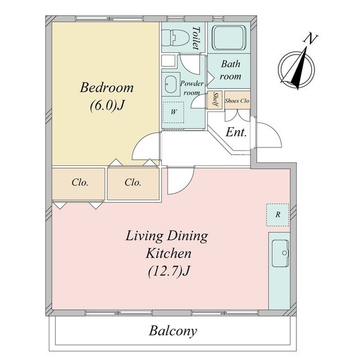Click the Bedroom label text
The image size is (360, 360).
pos(106,88)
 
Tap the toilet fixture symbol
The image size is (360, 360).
pos(175,37)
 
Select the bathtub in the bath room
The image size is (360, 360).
pos(229,38)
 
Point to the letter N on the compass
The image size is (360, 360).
pos(310,38)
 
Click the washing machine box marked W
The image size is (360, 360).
pos(173,112)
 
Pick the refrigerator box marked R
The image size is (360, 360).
pos(277,215)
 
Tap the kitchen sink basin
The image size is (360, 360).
pos(280,253)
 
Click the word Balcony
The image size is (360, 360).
pos(173,331)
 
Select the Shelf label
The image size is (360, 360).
pos(215,100)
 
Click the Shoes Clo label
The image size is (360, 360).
pos(237,101)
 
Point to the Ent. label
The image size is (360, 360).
pos(236,132)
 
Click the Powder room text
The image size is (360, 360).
pos(192,88)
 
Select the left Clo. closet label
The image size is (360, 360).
pos(80,182)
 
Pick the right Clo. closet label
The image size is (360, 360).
pos(133,182)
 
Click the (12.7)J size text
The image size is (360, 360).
pos(169,271)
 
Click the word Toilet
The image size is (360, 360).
pos(196,38)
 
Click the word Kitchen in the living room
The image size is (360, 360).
pos(169,254)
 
